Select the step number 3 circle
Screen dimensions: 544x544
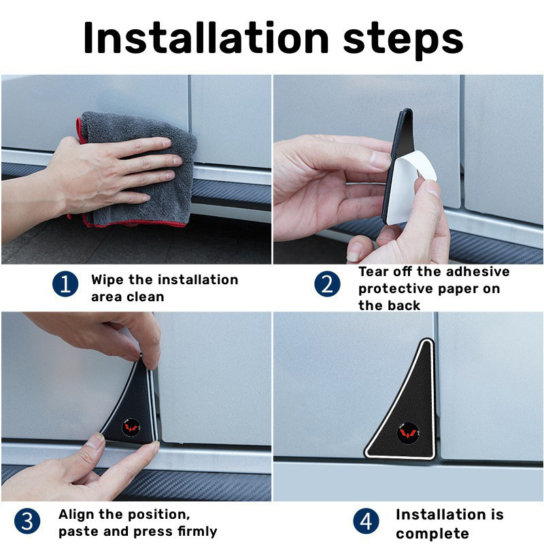tap(27, 522)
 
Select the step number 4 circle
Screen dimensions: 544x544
tap(366, 522)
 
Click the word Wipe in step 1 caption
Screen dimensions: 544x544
tap(107, 280)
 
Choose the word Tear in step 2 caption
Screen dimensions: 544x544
tap(374, 272)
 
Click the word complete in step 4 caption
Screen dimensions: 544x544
tap(432, 532)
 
